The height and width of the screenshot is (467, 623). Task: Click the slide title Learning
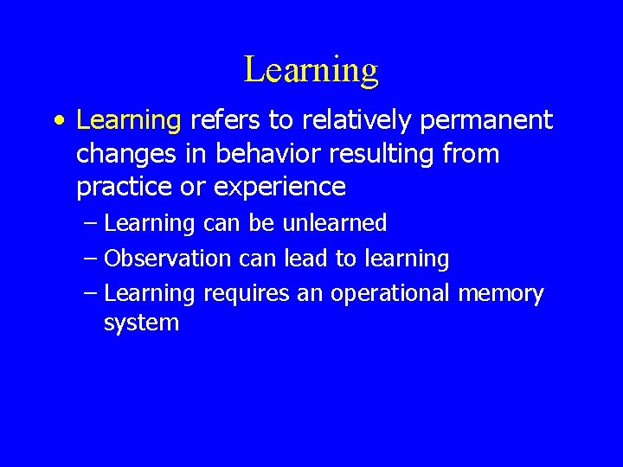click(311, 69)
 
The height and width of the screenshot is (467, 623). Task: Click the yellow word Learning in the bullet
click(128, 121)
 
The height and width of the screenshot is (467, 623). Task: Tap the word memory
click(501, 294)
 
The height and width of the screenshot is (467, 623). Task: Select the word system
click(141, 323)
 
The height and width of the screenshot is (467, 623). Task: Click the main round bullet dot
click(57, 121)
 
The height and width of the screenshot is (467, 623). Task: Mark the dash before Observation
click(92, 259)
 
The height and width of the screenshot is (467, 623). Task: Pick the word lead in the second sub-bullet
click(309, 258)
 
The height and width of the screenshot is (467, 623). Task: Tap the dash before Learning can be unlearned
click(92, 224)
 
